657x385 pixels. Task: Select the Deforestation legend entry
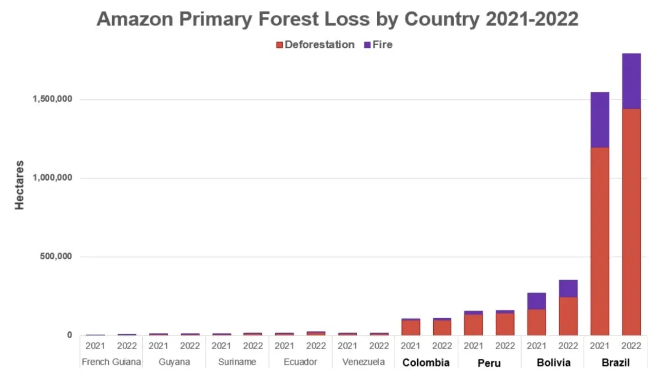point(315,45)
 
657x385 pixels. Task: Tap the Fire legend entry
point(378,45)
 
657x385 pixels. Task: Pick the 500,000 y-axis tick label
point(56,257)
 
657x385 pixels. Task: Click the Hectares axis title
point(20,185)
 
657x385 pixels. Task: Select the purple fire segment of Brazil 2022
point(631,81)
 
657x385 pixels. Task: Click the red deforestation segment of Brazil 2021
point(600,241)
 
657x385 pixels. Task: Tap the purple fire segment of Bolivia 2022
point(568,288)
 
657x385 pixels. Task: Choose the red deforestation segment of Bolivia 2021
point(536,322)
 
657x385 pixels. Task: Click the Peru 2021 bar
point(473,324)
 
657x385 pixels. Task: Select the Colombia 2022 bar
point(442,327)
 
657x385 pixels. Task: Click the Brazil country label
point(615,363)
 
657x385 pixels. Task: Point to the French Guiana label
point(111,362)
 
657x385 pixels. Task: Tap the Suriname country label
point(237,362)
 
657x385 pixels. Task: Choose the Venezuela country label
point(363,362)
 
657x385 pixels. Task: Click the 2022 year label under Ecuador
point(316,346)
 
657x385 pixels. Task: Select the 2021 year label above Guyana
point(159,346)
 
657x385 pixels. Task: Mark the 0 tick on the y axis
point(69,335)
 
